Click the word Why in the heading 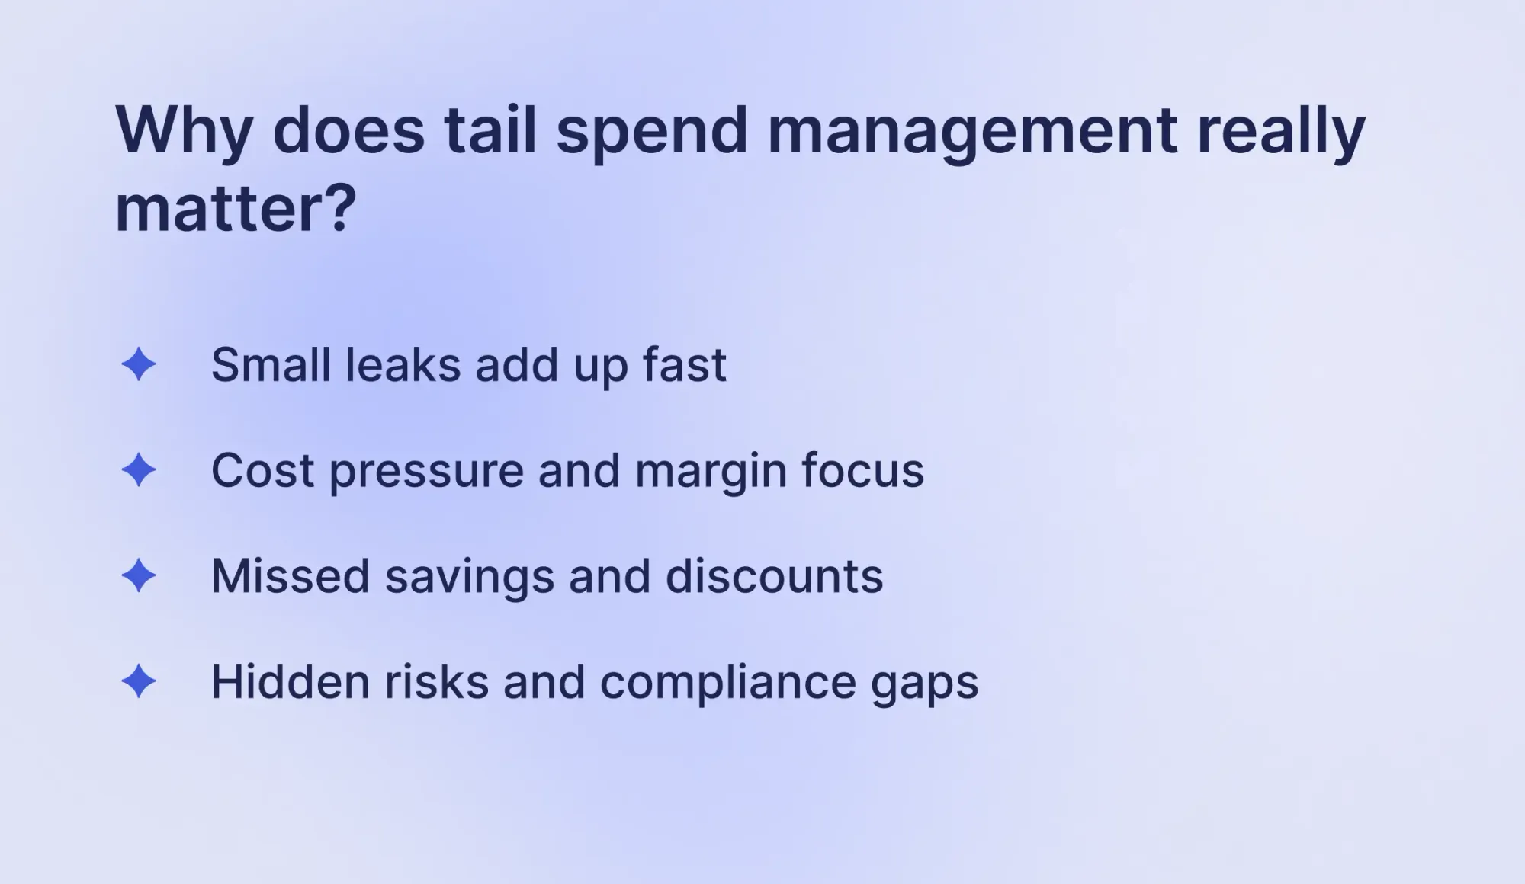coord(184,131)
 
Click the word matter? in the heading coord(235,209)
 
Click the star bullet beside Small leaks coord(139,364)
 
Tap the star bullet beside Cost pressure coord(139,469)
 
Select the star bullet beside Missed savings coord(139,575)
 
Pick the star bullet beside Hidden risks coord(139,681)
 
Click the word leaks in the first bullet coord(403,364)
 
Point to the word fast coord(684,364)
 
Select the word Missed coord(291,575)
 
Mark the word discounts coord(775,575)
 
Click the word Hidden coord(291,681)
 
